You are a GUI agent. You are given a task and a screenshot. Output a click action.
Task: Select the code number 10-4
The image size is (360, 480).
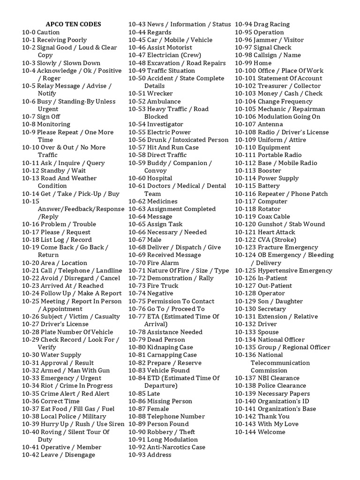pyautogui.click(x=30, y=71)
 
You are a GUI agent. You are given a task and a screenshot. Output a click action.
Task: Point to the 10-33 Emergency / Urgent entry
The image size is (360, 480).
pyautogui.click(x=61, y=378)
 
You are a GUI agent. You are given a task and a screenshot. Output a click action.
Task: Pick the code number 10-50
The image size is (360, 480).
pyautogui.click(x=137, y=78)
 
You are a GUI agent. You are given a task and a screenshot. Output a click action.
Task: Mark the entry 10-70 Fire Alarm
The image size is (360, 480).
pyautogui.click(x=154, y=263)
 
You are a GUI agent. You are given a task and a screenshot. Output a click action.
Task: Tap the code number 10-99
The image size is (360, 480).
pyautogui.click(x=244, y=63)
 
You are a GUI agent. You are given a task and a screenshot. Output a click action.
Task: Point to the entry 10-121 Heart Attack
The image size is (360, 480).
pyautogui.click(x=265, y=232)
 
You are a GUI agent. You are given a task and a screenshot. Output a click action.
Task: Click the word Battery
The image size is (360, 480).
pyautogui.click(x=269, y=186)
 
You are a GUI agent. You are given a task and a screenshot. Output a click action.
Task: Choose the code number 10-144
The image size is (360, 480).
pyautogui.click(x=246, y=432)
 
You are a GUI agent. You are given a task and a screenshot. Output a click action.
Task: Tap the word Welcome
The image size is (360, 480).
pyautogui.click(x=271, y=432)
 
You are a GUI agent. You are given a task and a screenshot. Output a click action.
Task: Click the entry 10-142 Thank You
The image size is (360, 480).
pyautogui.click(x=262, y=416)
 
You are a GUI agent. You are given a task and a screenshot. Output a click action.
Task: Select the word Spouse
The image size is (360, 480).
pyautogui.click(x=268, y=332)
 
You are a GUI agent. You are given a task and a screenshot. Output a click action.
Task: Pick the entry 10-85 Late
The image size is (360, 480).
pyautogui.click(x=144, y=393)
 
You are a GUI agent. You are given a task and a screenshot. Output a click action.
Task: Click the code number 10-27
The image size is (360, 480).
pyautogui.click(x=30, y=324)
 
